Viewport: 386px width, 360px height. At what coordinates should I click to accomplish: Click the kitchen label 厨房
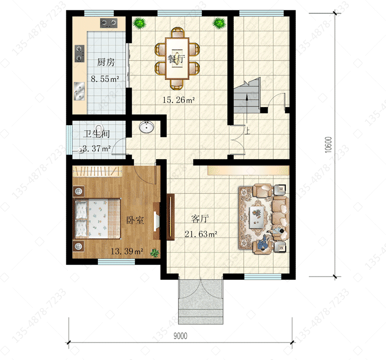tap(106, 62)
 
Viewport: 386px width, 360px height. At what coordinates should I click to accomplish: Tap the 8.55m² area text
tap(105, 79)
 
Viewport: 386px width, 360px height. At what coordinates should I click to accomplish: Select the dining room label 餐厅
tap(176, 59)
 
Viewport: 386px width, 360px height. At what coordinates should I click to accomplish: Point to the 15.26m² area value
tap(179, 100)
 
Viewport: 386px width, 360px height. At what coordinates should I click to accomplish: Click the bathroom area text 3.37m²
tap(97, 148)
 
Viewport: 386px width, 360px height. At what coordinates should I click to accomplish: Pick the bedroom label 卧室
tap(135, 220)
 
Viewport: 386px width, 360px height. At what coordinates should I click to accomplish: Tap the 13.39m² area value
tap(127, 251)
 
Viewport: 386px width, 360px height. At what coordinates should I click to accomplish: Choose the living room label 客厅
tap(200, 218)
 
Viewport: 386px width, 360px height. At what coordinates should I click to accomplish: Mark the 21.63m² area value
tap(201, 234)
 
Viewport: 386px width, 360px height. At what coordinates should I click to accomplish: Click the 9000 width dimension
tap(180, 336)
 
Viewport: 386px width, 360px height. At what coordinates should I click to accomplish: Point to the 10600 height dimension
tap(328, 145)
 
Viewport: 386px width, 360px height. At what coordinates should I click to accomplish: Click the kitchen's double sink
tap(79, 91)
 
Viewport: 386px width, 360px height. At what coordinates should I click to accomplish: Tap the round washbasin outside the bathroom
tap(147, 127)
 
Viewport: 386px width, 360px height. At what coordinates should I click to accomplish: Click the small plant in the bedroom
tap(154, 252)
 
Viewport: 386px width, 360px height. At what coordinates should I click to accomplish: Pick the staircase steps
tap(247, 96)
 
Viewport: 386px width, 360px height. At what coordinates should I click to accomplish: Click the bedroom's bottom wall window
tap(116, 262)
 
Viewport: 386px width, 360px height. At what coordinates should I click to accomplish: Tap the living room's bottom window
tap(262, 277)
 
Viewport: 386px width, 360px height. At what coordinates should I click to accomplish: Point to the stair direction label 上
tap(247, 130)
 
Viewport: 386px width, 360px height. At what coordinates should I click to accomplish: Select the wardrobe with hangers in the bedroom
tap(97, 171)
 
